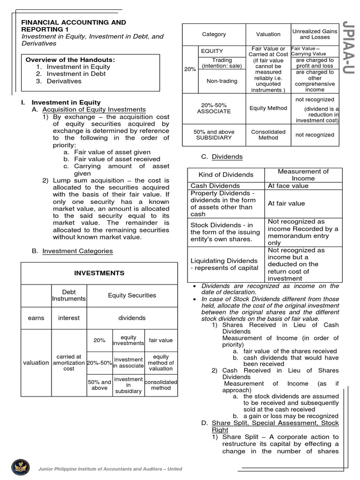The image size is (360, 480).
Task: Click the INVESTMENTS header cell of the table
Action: click(x=99, y=273)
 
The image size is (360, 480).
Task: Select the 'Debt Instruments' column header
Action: click(x=69, y=295)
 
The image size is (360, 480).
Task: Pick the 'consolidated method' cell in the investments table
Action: click(x=161, y=385)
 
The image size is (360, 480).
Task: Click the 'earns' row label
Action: click(x=36, y=318)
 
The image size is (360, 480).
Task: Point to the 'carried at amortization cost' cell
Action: click(x=69, y=362)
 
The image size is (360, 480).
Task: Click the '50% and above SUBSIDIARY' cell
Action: click(x=214, y=135)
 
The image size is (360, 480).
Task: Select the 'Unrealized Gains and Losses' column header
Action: click(x=315, y=34)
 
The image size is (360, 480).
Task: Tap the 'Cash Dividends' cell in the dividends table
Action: click(x=214, y=186)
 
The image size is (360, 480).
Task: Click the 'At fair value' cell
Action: click(x=286, y=203)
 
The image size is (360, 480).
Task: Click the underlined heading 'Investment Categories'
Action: click(x=77, y=251)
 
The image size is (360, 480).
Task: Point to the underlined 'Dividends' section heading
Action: click(x=227, y=157)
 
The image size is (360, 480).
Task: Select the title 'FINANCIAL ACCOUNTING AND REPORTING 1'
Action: click(x=74, y=26)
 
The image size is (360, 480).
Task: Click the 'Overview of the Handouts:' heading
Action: click(x=70, y=60)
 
